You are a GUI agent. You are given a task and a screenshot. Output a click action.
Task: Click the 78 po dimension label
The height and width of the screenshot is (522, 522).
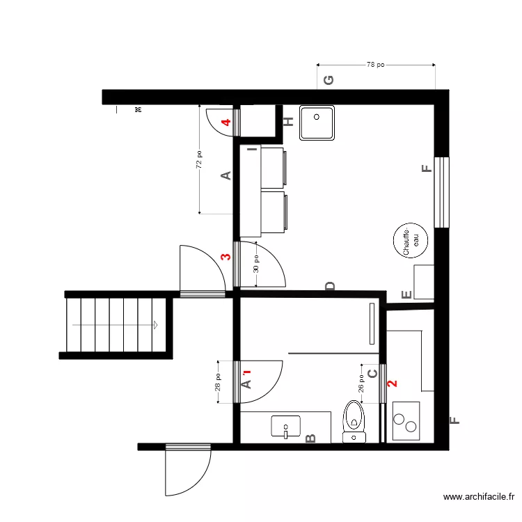click(376, 65)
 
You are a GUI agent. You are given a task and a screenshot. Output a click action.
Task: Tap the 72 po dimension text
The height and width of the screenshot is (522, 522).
click(199, 160)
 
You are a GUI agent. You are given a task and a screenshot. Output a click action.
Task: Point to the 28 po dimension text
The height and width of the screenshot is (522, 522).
click(218, 381)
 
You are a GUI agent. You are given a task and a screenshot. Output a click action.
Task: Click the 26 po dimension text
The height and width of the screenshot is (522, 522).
click(361, 384)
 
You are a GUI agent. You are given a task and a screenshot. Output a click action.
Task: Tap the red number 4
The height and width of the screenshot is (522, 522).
click(226, 123)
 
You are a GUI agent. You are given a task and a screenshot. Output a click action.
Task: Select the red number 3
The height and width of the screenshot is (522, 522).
click(225, 257)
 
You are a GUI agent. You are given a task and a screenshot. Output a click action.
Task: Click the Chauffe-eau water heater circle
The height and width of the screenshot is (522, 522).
click(411, 241)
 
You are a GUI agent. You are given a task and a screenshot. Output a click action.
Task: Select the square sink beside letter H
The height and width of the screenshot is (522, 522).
click(317, 123)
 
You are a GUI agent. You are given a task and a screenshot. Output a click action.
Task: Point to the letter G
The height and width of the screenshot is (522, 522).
click(329, 79)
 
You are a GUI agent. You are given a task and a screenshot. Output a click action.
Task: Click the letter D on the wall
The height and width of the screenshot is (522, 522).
click(330, 286)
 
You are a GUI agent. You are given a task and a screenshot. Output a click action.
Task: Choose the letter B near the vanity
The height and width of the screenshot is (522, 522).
click(311, 438)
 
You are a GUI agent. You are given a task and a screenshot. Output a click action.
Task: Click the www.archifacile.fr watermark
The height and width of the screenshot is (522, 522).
click(479, 497)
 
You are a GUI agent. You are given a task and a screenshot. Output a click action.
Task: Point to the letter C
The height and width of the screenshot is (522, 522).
click(372, 374)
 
